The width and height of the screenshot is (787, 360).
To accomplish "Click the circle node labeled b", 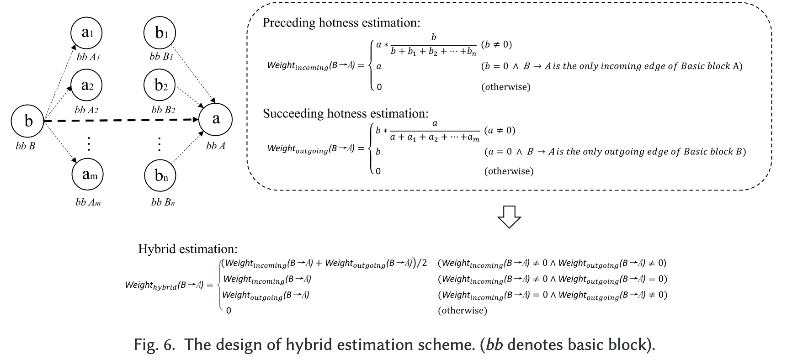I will point(28,121).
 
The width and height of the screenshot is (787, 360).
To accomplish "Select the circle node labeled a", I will point(216,119).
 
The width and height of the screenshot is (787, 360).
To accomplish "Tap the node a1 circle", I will point(87,33).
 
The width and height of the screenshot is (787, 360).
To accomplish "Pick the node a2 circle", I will point(87,85).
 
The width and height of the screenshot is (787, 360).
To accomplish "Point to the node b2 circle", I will point(160,85).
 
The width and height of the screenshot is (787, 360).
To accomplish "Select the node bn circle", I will point(160,175).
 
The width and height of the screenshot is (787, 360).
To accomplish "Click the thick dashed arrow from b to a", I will point(121,121).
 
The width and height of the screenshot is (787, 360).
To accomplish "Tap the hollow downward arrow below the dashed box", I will point(509,216).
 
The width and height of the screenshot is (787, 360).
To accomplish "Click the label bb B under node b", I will point(25,146).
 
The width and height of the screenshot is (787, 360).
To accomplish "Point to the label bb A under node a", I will point(215,146).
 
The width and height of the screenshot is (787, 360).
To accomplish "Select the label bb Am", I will point(88,202).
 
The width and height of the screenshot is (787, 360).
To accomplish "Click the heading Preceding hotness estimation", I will point(341,23).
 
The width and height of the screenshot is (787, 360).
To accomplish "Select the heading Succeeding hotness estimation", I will point(346,113).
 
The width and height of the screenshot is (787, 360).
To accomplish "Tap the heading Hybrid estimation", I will point(188,249).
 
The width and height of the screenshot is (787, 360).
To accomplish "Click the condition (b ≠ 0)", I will point(496,45).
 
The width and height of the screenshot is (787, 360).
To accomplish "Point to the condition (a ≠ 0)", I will point(500,131).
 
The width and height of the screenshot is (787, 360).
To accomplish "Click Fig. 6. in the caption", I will point(154,344).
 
